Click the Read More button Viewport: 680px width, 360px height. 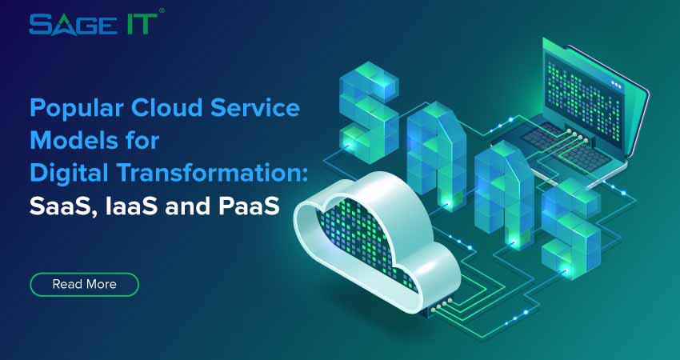coord(84,284)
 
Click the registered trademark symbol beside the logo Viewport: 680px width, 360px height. coord(162,11)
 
